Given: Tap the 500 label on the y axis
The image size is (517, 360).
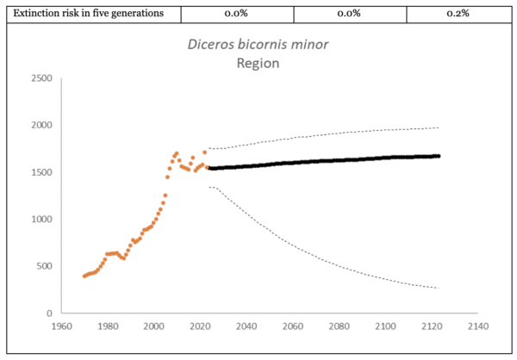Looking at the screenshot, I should (x=44, y=266).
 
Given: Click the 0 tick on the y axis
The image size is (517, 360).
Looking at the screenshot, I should (x=50, y=313).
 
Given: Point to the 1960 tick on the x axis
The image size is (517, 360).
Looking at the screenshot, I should (x=61, y=327).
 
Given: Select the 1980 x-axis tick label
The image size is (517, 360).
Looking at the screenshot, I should (x=108, y=327).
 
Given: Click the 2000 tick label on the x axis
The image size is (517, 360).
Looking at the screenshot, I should (x=154, y=327).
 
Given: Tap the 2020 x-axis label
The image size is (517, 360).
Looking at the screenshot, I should (x=200, y=327).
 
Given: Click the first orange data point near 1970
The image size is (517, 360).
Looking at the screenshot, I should (x=84, y=276).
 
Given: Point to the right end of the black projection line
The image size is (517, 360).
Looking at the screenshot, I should (x=438, y=156).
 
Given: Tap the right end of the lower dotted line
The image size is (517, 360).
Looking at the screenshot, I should (x=438, y=288).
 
